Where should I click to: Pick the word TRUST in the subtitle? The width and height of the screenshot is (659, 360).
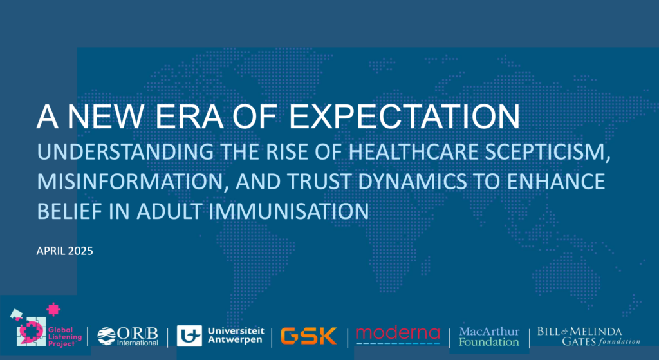320,182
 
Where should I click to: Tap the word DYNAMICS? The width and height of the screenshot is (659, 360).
412,182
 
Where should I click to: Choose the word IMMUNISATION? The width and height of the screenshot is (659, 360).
289,211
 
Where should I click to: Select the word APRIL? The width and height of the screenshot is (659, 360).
50,251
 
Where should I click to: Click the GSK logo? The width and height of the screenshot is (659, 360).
309,336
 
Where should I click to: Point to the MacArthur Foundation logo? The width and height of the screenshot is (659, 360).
489,337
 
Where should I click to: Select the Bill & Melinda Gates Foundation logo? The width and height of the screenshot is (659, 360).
588,336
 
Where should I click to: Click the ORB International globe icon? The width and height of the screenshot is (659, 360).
106,336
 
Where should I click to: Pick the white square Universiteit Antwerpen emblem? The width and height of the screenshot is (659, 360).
189,336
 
